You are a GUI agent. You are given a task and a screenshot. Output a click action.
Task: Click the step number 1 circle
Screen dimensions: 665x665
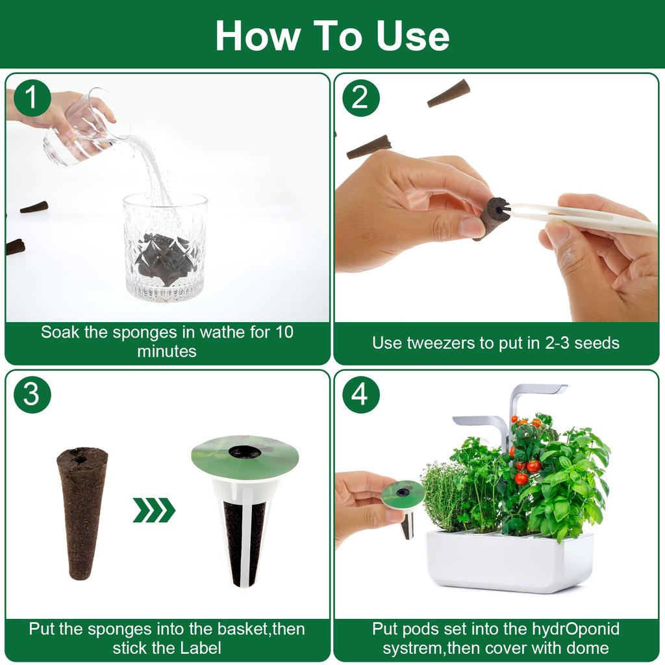(x=32, y=98)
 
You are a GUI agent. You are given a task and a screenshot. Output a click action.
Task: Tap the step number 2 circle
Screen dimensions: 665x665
(x=361, y=98)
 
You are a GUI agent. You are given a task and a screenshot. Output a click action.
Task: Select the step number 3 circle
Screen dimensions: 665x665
(x=32, y=394)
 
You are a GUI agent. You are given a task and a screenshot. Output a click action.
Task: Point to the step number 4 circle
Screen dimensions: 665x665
(x=361, y=394)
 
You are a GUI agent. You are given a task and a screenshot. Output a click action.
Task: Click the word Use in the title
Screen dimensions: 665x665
(x=412, y=36)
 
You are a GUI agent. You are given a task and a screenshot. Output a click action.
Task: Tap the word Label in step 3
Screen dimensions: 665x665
(x=201, y=647)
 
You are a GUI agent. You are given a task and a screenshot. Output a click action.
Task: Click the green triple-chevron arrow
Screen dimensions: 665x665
(x=154, y=510)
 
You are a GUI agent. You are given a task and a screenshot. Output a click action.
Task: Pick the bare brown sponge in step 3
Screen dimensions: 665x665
(x=82, y=513)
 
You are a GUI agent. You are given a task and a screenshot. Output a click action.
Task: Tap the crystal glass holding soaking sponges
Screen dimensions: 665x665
(x=165, y=247)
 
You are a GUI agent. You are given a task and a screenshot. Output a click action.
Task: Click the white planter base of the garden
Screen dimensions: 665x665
(x=509, y=560)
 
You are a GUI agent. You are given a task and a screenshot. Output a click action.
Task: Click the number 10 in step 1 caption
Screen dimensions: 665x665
(x=284, y=332)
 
